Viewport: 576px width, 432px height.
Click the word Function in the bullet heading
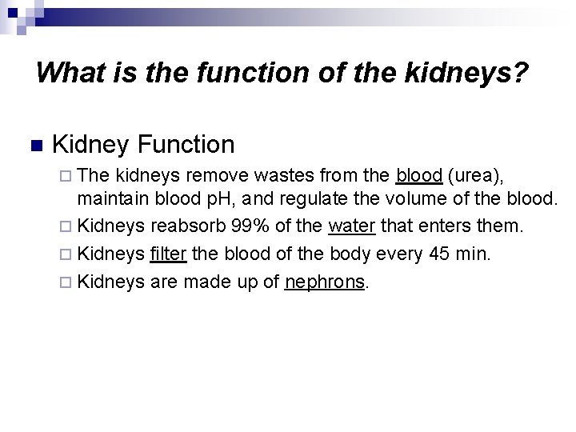[186, 145]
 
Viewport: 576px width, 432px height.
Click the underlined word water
[351, 227]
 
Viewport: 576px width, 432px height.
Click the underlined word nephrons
[325, 282]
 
